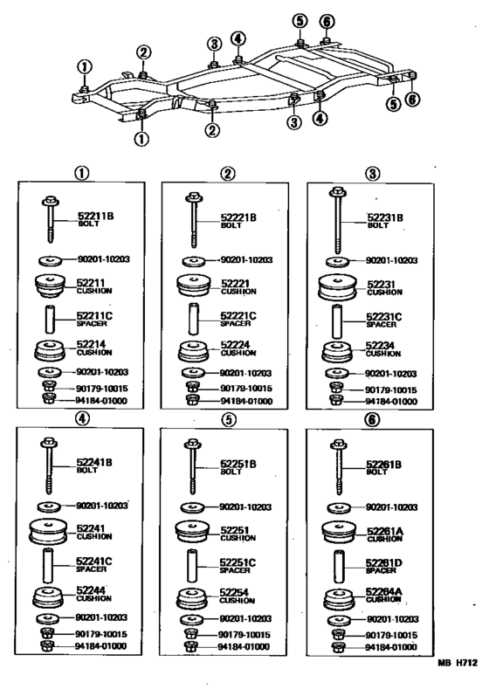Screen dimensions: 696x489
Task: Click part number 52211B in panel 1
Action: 96,217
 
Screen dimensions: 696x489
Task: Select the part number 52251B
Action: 238,463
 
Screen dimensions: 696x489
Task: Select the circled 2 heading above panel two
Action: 227,173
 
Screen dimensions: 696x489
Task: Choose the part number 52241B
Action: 96,464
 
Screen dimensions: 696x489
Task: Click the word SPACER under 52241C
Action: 91,569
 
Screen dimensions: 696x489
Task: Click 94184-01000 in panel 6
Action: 389,645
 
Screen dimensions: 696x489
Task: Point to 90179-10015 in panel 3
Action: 389,388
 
